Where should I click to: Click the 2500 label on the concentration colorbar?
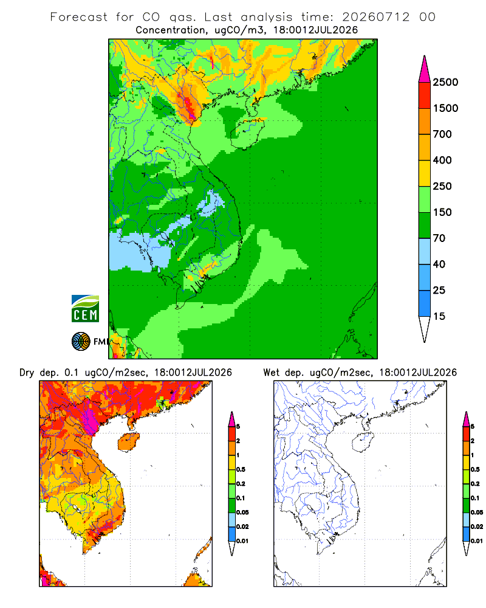(x=445, y=82)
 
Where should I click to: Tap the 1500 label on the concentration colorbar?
(x=445, y=108)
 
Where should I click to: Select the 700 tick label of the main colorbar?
(x=442, y=134)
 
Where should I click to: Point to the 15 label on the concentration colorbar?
(x=439, y=316)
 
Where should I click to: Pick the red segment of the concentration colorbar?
(x=425, y=95)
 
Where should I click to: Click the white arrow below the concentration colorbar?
(x=425, y=328)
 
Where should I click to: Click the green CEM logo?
(x=85, y=309)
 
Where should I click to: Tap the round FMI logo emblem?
(x=81, y=342)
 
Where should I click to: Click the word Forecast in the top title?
(x=79, y=17)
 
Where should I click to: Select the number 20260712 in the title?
(x=375, y=17)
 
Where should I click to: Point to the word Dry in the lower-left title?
(x=27, y=373)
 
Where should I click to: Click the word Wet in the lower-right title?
(x=271, y=373)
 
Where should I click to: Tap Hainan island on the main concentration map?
(x=247, y=133)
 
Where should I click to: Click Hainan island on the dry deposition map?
(x=128, y=441)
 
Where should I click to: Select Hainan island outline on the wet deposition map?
(x=363, y=442)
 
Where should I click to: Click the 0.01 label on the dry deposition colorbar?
(x=242, y=541)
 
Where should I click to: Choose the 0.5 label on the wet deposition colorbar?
(x=475, y=469)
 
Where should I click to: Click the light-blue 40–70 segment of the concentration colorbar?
(x=425, y=251)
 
